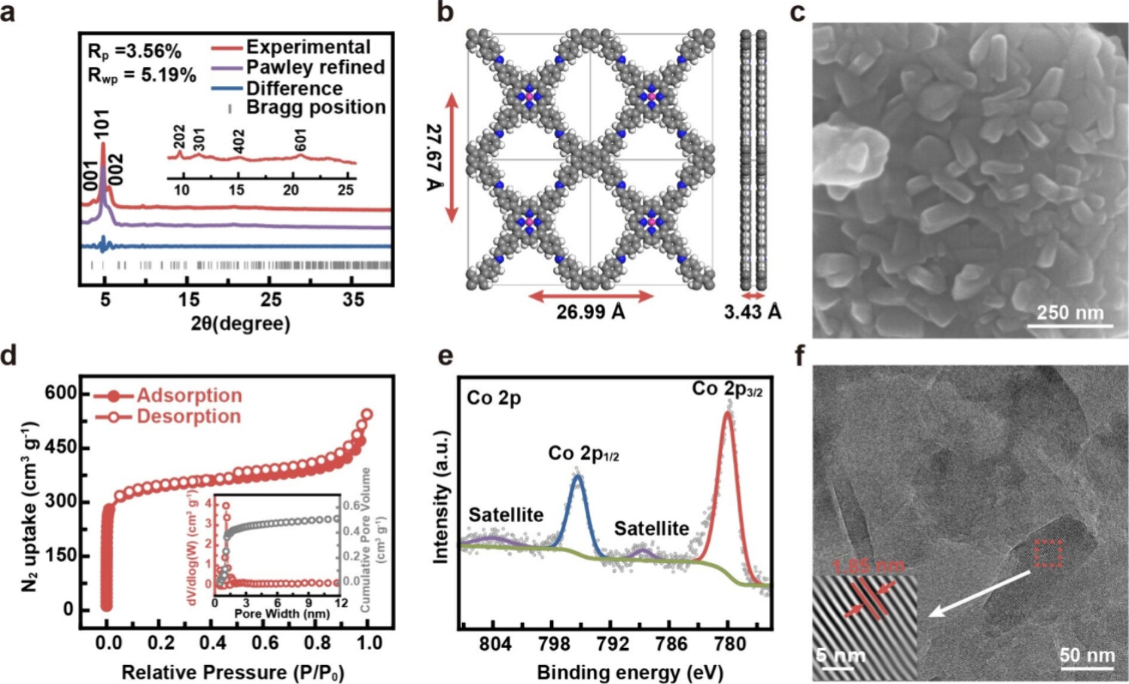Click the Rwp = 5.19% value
(x=142, y=75)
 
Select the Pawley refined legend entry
(x=315, y=67)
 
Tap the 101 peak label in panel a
(x=102, y=124)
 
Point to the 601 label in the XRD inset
(x=300, y=140)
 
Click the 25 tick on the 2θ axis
(x=271, y=299)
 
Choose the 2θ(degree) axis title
(x=240, y=324)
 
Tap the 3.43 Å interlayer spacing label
(x=752, y=312)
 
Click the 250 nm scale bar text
(x=1070, y=313)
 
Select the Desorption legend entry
(x=188, y=417)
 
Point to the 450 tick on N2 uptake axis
(x=60, y=447)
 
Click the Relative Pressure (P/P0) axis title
(x=233, y=672)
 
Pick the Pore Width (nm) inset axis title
(x=281, y=614)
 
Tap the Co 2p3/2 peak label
(x=726, y=389)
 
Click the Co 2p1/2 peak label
(x=583, y=453)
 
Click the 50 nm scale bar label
(x=1087, y=655)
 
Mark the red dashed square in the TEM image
(x=1047, y=553)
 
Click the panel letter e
(x=446, y=356)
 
